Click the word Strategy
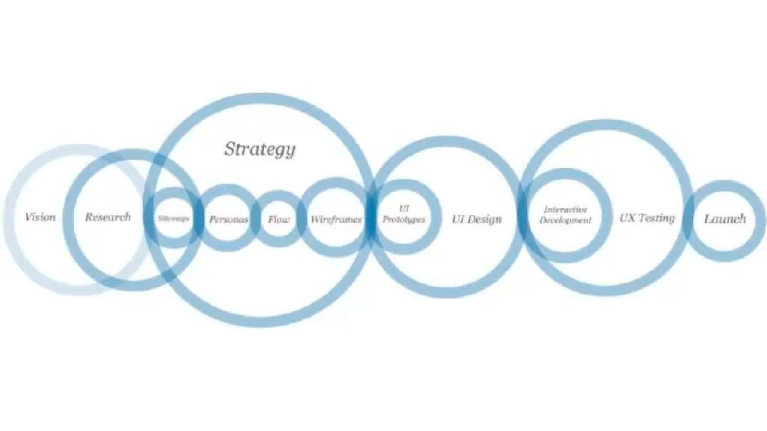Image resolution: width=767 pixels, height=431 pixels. pos(260,149)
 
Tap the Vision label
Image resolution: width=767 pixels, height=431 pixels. pos(40,217)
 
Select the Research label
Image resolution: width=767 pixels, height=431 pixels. pos(108,217)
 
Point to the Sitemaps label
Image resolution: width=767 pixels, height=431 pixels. pos(174,219)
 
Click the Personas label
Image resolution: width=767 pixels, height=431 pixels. pos(229,220)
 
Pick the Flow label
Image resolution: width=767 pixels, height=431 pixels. pos(279,220)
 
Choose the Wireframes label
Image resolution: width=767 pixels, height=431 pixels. pos(336,220)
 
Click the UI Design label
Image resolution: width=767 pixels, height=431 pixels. pos(477,220)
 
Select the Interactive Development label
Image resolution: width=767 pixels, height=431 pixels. pos(565,215)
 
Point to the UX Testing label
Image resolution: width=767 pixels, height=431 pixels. pos(647,218)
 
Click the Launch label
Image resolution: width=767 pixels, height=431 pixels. pos(725,220)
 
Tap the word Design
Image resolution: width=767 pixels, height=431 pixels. pos(485,220)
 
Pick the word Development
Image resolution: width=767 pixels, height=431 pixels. pos(565,220)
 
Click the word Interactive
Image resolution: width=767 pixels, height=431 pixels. pos(565,210)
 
